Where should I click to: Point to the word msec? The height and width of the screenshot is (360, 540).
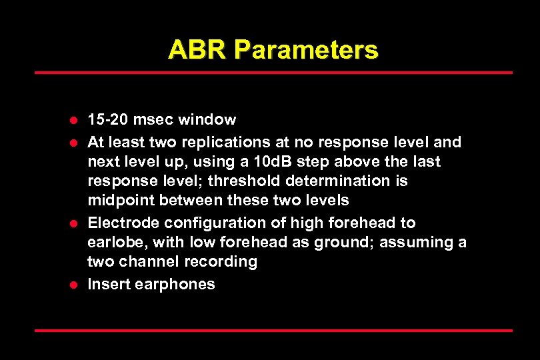[151, 120]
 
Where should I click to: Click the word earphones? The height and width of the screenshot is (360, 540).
[175, 285]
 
